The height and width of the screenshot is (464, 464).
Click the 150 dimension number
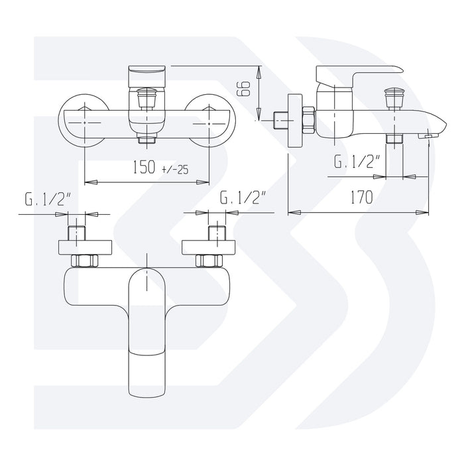click(144, 167)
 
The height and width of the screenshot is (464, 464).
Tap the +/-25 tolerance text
click(175, 170)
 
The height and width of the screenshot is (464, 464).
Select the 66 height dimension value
click(244, 89)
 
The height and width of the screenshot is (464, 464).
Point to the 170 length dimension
click(362, 198)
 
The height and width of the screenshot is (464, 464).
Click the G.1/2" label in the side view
click(357, 161)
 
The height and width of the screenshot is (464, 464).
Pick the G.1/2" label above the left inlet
click(48, 199)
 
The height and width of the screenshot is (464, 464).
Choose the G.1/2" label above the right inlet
click(243, 198)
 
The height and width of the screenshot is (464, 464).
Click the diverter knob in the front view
click(146, 98)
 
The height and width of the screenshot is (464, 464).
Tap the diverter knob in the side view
click(394, 98)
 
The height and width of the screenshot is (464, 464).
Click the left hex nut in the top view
click(85, 261)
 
